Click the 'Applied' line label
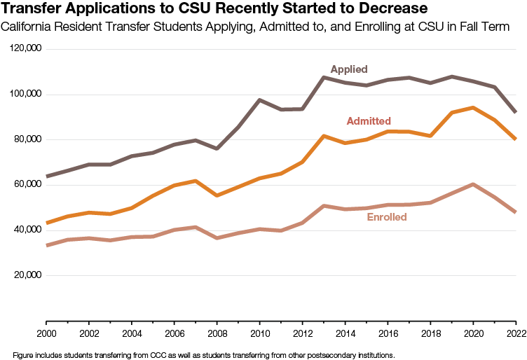[x=349, y=69]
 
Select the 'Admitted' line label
[x=369, y=121]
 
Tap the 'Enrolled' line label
[x=386, y=217]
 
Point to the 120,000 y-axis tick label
[x=27, y=49]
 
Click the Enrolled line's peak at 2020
[x=473, y=184]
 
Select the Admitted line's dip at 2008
[x=217, y=195]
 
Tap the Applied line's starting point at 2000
[x=46, y=176]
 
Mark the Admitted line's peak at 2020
[x=473, y=108]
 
